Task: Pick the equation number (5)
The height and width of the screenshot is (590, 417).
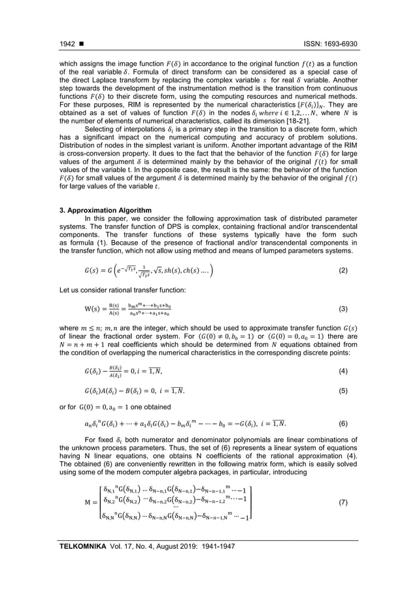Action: pos(352,392)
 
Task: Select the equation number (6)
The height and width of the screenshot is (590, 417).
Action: pos(352,423)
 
